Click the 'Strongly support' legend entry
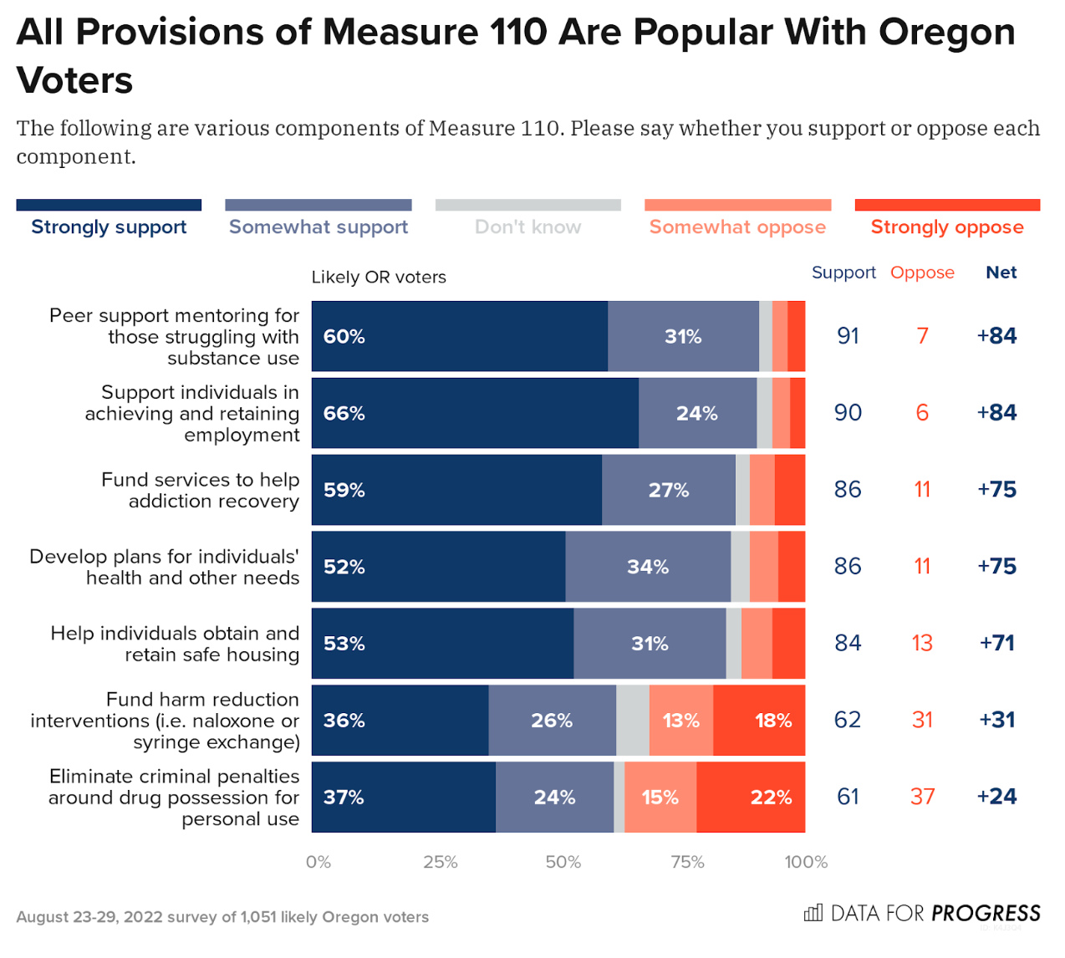(109, 227)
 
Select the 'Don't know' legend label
(527, 227)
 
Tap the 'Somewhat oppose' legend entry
(737, 227)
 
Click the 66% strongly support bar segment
(475, 413)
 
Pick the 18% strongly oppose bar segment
(759, 720)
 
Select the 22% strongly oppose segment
(751, 797)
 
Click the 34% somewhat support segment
(648, 567)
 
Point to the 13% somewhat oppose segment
(680, 720)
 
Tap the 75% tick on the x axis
(687, 862)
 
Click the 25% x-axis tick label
(440, 862)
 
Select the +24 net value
(996, 796)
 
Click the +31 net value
(996, 719)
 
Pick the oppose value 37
(922, 796)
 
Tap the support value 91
(848, 335)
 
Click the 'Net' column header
(1001, 273)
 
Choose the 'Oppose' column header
(922, 273)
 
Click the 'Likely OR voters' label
(379, 277)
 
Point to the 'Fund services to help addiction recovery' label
(200, 490)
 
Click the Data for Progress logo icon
(813, 913)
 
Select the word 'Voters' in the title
(75, 81)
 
